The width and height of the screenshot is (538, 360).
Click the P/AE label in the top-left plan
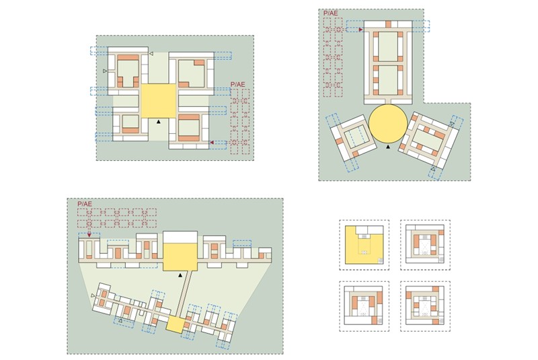[237, 84]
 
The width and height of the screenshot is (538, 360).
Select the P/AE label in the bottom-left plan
[84, 203]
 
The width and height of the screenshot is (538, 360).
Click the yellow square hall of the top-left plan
[158, 101]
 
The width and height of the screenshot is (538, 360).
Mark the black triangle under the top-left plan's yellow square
[158, 122]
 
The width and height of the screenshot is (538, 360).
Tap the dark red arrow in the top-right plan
[361, 30]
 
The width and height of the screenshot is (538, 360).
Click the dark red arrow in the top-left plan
[211, 143]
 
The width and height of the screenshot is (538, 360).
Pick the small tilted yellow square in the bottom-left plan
[175, 324]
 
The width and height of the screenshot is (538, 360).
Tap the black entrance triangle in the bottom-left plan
[180, 276]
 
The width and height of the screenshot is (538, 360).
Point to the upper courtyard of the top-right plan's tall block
[387, 47]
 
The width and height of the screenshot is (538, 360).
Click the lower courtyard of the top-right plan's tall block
[387, 81]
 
